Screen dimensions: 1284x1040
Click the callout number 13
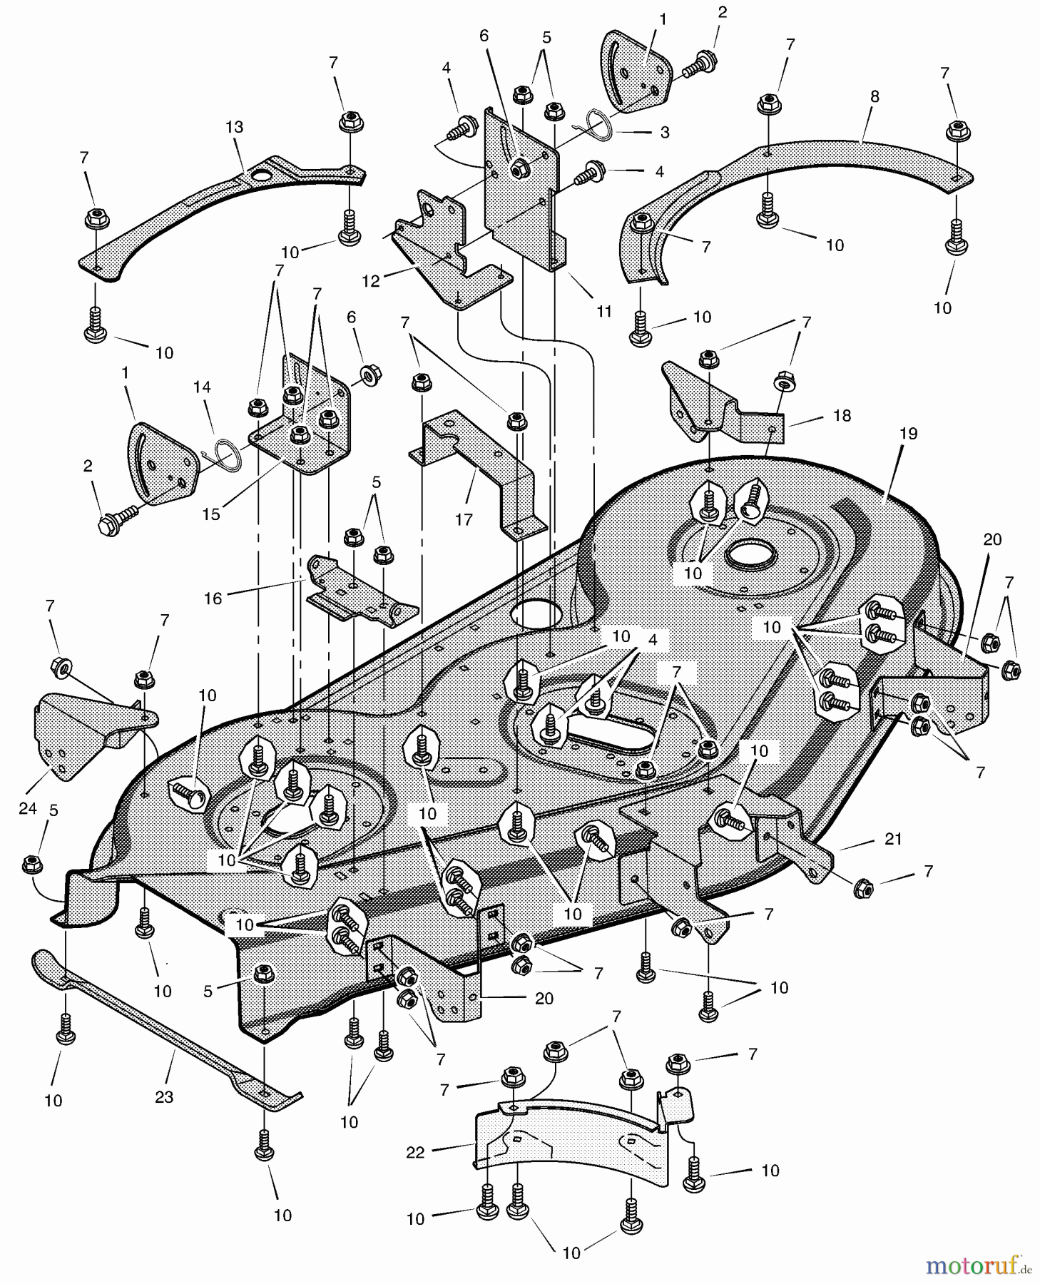point(234,127)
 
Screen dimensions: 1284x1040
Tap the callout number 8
point(875,97)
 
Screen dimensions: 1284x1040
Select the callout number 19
point(908,433)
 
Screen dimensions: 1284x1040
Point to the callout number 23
point(164,1096)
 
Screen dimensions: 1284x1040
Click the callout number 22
point(415,1153)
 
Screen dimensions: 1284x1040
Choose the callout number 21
point(893,840)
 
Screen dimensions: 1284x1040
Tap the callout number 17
point(464,519)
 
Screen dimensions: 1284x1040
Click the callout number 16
point(213,598)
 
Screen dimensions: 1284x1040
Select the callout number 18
point(842,415)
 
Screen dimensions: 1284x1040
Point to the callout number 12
point(371,281)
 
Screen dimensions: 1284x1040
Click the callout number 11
point(604,311)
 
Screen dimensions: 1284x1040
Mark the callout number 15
point(211,514)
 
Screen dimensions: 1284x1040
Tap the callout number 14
point(202,387)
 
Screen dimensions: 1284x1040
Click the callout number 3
point(665,133)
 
